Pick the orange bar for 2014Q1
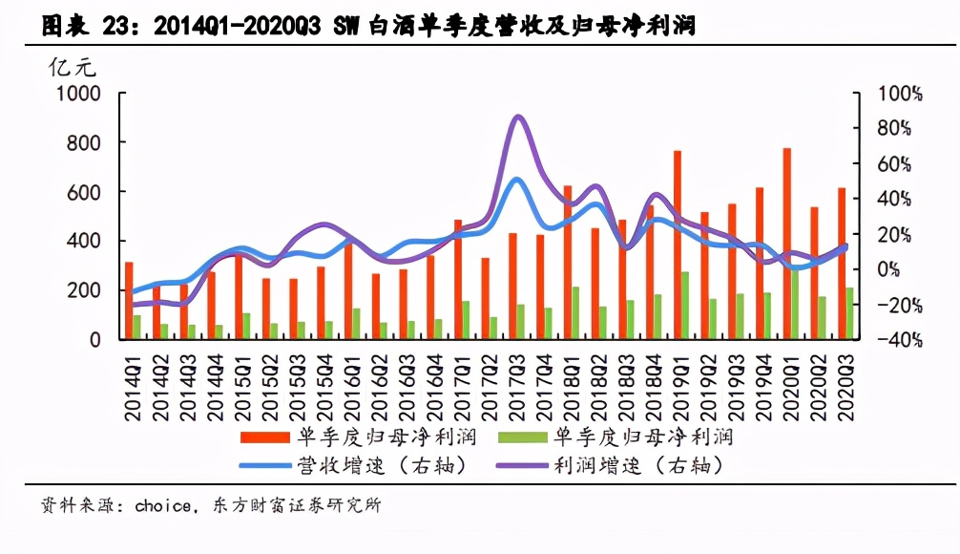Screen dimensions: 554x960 tap(129, 300)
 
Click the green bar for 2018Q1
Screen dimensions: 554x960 tap(575, 312)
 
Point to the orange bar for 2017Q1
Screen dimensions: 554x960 tap(458, 279)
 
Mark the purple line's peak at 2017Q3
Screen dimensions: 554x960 tap(518, 117)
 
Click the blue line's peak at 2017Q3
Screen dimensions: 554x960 tap(517, 179)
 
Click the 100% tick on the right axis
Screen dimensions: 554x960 tap(900, 94)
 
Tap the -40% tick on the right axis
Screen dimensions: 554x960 tap(900, 340)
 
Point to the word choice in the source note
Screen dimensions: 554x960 tap(162, 506)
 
